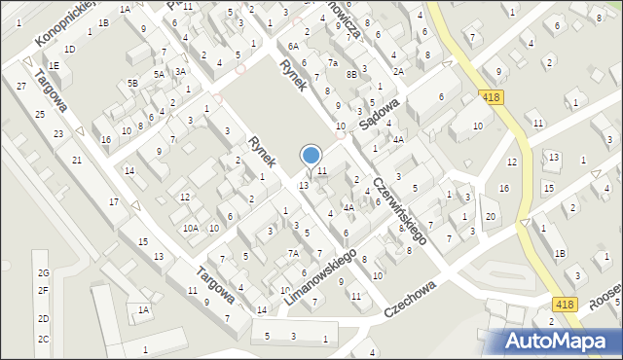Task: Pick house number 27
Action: [21, 87]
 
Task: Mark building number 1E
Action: [55, 66]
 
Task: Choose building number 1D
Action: [69, 49]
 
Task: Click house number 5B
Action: [132, 84]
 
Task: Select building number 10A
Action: [191, 229]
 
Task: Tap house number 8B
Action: [351, 73]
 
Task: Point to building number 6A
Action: [293, 46]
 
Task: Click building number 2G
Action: [43, 273]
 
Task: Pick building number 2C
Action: [43, 339]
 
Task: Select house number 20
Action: [491, 216]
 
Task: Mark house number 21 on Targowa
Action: [76, 160]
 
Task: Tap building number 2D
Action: [43, 319]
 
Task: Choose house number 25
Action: [40, 115]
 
